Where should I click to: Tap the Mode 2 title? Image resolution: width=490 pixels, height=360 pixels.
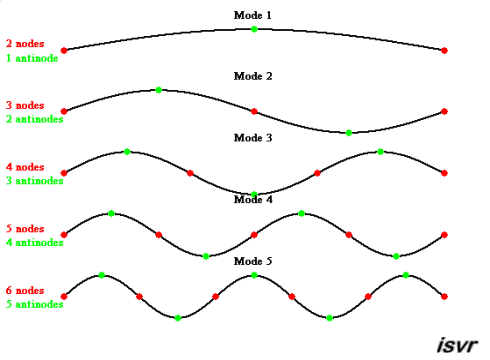(253, 76)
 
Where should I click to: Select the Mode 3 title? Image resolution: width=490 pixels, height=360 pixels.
(253, 138)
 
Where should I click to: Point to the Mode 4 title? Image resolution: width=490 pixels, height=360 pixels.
(253, 199)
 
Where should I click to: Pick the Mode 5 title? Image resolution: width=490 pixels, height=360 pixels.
(253, 261)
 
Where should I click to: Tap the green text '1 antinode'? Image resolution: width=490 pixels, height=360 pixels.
(33, 58)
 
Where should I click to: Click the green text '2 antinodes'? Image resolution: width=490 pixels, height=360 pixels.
(35, 119)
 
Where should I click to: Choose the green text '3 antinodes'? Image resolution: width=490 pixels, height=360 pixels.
(35, 181)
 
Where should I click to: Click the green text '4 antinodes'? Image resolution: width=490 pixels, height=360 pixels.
(35, 242)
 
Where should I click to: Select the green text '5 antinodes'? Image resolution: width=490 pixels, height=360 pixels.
(35, 304)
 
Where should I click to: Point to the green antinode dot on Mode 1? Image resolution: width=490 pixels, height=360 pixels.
(254, 29)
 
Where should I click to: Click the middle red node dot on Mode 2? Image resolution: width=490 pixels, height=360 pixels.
(254, 111)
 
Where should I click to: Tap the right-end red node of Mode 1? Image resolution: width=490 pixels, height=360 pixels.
(444, 50)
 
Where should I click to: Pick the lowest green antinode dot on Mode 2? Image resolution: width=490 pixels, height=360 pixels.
(349, 132)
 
